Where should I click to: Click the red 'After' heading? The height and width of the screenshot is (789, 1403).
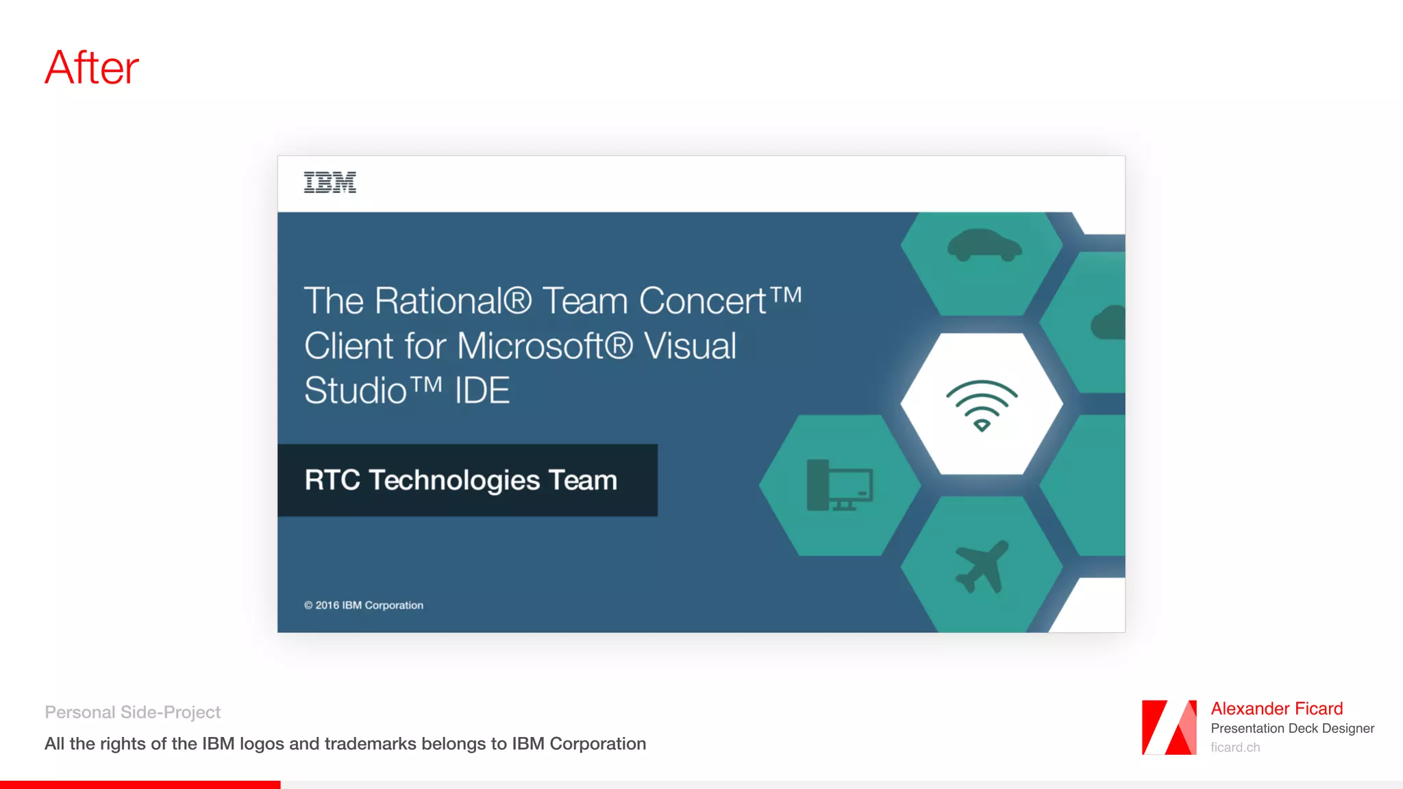click(x=92, y=68)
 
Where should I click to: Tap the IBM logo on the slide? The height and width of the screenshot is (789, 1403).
click(x=330, y=182)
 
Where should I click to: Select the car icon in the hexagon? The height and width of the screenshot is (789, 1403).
click(x=984, y=245)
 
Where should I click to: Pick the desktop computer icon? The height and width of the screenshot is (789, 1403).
click(x=839, y=485)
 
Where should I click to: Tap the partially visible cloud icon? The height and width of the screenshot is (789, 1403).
click(x=1108, y=323)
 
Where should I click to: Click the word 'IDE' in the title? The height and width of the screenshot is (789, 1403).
click(x=482, y=391)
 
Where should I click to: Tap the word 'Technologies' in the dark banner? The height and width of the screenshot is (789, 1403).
click(x=454, y=481)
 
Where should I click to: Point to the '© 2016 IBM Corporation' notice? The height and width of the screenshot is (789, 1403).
click(x=364, y=605)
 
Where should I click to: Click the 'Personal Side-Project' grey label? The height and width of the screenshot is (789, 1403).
click(x=132, y=712)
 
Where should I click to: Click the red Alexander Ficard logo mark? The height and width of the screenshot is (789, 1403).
click(x=1169, y=727)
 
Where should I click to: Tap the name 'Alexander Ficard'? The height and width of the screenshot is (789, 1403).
click(x=1276, y=709)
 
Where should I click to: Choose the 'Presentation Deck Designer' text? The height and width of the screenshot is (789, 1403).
click(x=1292, y=729)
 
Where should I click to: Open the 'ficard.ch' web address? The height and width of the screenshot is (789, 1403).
click(x=1234, y=747)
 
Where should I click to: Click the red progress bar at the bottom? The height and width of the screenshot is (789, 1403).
click(x=140, y=785)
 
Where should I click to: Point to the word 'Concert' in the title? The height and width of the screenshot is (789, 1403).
click(x=703, y=301)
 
